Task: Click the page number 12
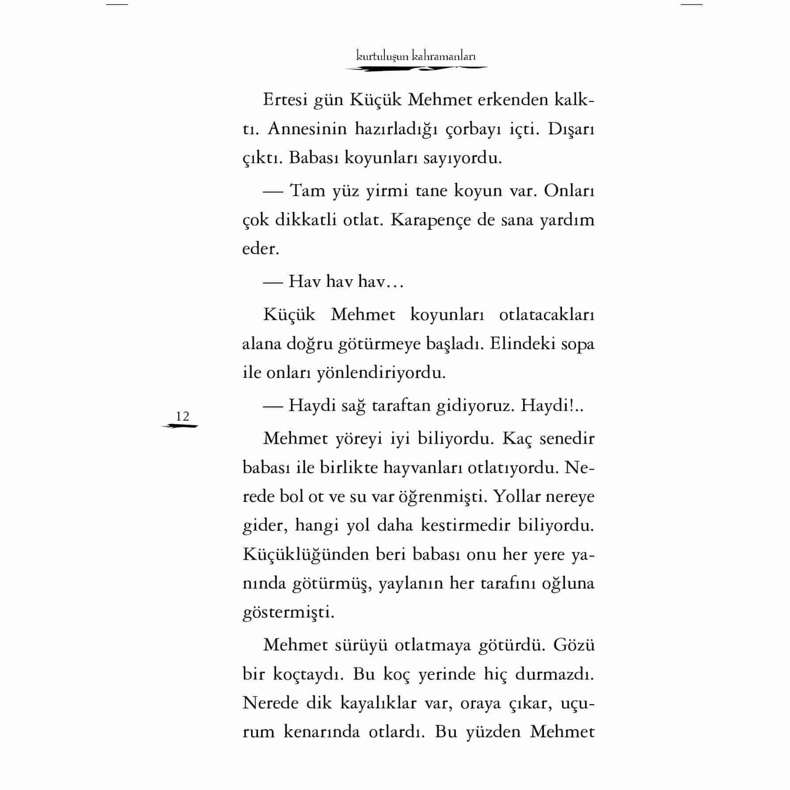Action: [x=182, y=416]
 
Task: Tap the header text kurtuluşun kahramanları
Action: [x=416, y=56]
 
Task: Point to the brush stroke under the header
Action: [x=416, y=68]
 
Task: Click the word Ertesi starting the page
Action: [x=285, y=100]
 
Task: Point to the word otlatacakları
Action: [x=547, y=315]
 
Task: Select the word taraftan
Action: [x=401, y=406]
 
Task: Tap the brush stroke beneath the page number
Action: [x=180, y=426]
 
